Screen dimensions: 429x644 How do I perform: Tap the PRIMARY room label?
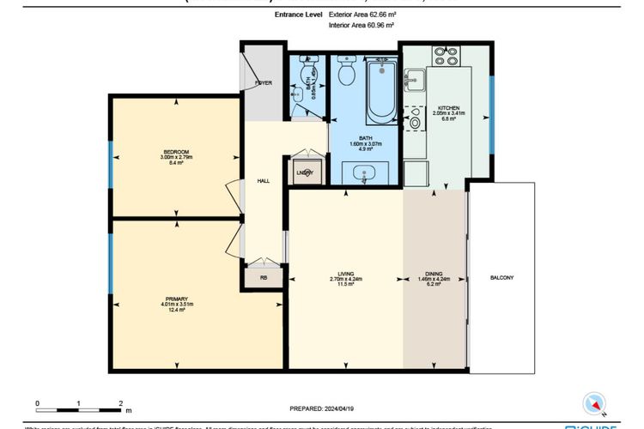(x=176, y=299)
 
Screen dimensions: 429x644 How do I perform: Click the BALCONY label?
(x=501, y=278)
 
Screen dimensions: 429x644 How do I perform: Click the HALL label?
(x=264, y=181)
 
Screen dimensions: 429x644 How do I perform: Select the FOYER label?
(x=263, y=83)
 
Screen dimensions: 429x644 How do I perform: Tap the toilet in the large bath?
(x=347, y=72)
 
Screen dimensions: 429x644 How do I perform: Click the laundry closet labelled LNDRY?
(x=305, y=172)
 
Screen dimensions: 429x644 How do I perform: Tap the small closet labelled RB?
(x=263, y=277)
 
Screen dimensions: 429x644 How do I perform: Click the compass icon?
(x=594, y=402)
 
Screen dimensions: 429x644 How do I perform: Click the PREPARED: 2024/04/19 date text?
(x=321, y=409)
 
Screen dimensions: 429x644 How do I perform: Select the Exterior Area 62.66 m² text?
(x=361, y=15)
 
